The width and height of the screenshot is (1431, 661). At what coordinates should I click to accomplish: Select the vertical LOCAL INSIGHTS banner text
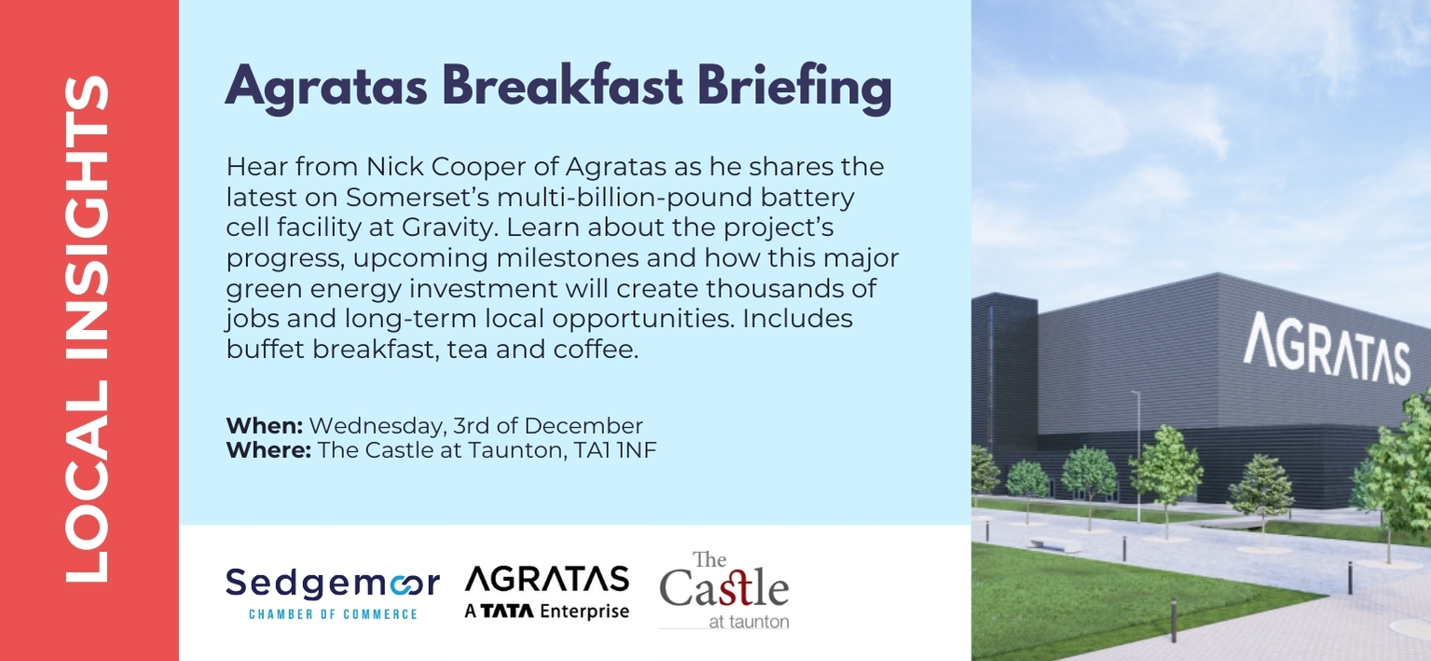[x=88, y=329]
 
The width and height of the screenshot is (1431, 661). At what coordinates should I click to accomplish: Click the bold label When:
[x=265, y=426]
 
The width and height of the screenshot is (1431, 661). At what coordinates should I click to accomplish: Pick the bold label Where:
[x=268, y=450]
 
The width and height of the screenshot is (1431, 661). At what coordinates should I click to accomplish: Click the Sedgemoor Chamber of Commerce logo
[x=333, y=593]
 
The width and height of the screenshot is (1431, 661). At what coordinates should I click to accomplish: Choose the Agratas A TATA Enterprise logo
[x=547, y=592]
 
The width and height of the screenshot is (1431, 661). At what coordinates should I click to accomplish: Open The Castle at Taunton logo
[x=724, y=589]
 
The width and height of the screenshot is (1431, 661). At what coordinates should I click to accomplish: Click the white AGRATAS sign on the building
[x=1327, y=349]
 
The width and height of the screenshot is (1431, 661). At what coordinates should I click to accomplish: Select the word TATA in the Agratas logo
[x=507, y=612]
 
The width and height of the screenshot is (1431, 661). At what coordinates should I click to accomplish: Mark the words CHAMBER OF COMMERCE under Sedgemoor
[x=333, y=614]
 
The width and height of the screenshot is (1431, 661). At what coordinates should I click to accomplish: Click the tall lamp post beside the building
[x=1137, y=457]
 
